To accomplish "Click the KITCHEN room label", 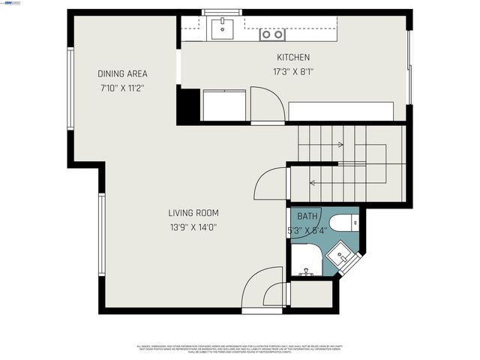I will [x=292, y=58].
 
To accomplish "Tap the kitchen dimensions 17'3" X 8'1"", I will [x=292, y=72].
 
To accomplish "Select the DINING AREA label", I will [x=122, y=73].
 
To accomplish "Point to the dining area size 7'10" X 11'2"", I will [x=122, y=88].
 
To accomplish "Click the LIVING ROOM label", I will [x=193, y=213].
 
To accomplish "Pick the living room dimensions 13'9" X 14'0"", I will [x=193, y=227].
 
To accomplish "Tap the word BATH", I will [x=307, y=216].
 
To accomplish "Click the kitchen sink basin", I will [x=221, y=30].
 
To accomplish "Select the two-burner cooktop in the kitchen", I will [x=272, y=34].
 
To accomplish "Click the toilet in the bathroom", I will [x=346, y=222].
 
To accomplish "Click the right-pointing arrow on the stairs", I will [x=341, y=145].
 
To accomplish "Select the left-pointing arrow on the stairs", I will [x=312, y=181].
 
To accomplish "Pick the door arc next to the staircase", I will [x=271, y=184].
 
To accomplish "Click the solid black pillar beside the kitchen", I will [x=188, y=106].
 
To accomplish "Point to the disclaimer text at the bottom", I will [x=240, y=348].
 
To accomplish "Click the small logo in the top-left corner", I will [x=10, y=3].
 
